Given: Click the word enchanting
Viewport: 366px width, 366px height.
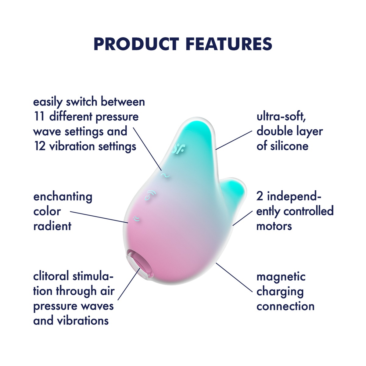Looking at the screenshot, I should point(63,197).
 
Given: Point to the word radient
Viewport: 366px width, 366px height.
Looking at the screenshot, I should point(52,226).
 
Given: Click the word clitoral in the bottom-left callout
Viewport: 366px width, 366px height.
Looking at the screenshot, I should point(51,276).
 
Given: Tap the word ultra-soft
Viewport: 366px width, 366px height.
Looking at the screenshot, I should point(281,117).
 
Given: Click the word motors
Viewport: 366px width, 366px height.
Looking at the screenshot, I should point(274,226).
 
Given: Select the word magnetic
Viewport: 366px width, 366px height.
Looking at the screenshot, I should point(281,277).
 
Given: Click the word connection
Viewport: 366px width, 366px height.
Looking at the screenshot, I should point(285,306).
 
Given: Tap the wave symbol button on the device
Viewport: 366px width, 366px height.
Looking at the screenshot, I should point(165,175).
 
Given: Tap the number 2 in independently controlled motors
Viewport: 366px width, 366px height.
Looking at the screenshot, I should point(260,196).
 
